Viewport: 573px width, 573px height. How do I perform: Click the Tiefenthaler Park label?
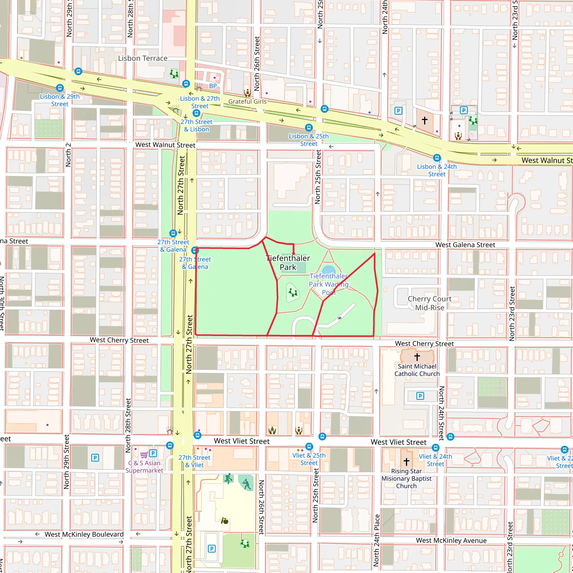coord(288,262)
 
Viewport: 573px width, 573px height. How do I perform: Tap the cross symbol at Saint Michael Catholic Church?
coord(417,356)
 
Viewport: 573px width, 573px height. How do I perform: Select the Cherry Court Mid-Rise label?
coord(429,303)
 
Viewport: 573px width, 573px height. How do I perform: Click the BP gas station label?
coord(213,86)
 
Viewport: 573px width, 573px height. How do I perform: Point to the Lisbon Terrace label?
coord(143,58)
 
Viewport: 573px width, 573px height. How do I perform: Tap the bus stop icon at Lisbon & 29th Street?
coord(60,88)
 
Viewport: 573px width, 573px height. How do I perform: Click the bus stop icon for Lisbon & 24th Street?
coord(437,158)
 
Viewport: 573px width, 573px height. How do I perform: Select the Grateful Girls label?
coord(247,102)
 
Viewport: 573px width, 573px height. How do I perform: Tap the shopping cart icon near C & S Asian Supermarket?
coord(144,455)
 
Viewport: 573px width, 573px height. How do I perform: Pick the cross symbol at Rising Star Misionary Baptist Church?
coord(406,461)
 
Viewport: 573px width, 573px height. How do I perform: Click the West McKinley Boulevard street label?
coord(84,534)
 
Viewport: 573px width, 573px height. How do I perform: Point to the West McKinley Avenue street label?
coord(451,540)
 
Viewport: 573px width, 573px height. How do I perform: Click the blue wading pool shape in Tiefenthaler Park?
coord(329,270)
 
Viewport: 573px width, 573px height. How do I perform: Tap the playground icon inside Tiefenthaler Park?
coord(293,293)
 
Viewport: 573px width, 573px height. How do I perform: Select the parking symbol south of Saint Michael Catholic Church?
coord(420,396)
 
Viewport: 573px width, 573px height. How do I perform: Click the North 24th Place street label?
coord(376,540)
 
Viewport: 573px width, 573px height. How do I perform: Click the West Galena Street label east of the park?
coord(465,245)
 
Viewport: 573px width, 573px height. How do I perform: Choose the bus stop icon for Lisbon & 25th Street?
coord(309,128)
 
